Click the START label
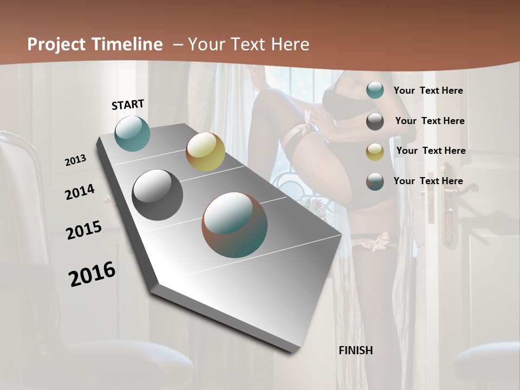tap(128, 105)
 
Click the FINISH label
tap(356, 350)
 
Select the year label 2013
tap(76, 160)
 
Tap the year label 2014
tap(80, 192)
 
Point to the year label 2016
tap(92, 274)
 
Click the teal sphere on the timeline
tap(133, 133)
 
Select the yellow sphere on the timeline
tap(205, 152)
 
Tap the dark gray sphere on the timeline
tap(158, 195)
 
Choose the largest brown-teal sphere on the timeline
tap(235, 225)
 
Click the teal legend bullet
tap(375, 90)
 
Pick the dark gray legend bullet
tap(375, 121)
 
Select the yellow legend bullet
tap(375, 151)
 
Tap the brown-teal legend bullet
tap(375, 181)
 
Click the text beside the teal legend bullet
tap(428, 91)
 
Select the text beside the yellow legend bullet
tap(431, 151)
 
